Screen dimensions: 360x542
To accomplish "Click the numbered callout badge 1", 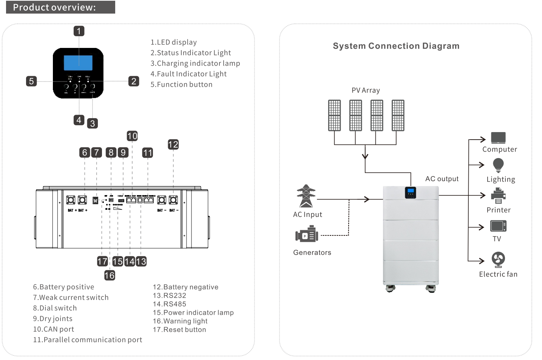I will pyautogui.click(x=79, y=31).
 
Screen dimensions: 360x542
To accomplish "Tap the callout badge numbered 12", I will pyautogui.click(x=173, y=144).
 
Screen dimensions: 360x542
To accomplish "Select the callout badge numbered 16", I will pyautogui.click(x=110, y=275).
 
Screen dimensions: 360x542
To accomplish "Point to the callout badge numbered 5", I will pyautogui.click(x=31, y=81).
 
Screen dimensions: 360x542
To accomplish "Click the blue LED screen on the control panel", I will pyautogui.click(x=78, y=63).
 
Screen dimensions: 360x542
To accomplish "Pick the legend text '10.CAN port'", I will pyautogui.click(x=53, y=329).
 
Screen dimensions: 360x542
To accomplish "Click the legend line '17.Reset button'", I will pyautogui.click(x=179, y=329).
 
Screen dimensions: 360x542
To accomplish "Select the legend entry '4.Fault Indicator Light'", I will pyautogui.click(x=188, y=74).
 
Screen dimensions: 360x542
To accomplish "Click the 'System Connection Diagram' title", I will pyautogui.click(x=396, y=46).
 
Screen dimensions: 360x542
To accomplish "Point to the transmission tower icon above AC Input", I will pyautogui.click(x=306, y=196).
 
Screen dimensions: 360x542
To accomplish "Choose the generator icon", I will pyautogui.click(x=307, y=235).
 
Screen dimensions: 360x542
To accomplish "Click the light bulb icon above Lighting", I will pyautogui.click(x=498, y=165).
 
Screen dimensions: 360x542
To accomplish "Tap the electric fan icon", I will pyautogui.click(x=498, y=260).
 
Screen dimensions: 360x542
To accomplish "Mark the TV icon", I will pyautogui.click(x=498, y=226).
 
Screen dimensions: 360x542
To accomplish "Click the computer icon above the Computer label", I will pyautogui.click(x=498, y=137).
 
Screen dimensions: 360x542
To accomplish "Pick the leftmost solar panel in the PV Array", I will pyautogui.click(x=334, y=115).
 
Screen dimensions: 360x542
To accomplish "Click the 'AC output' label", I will pyautogui.click(x=442, y=179).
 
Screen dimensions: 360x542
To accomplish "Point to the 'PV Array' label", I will pyautogui.click(x=366, y=91).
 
